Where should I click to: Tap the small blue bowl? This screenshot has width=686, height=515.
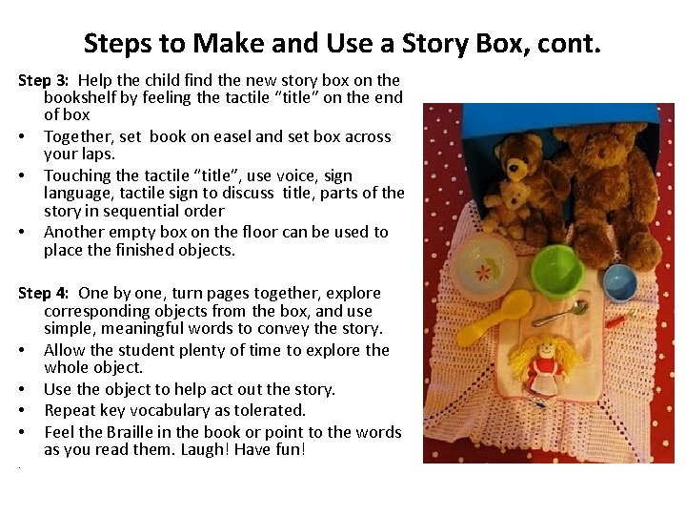[619, 281]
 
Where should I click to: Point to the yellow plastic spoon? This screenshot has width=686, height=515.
[495, 318]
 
